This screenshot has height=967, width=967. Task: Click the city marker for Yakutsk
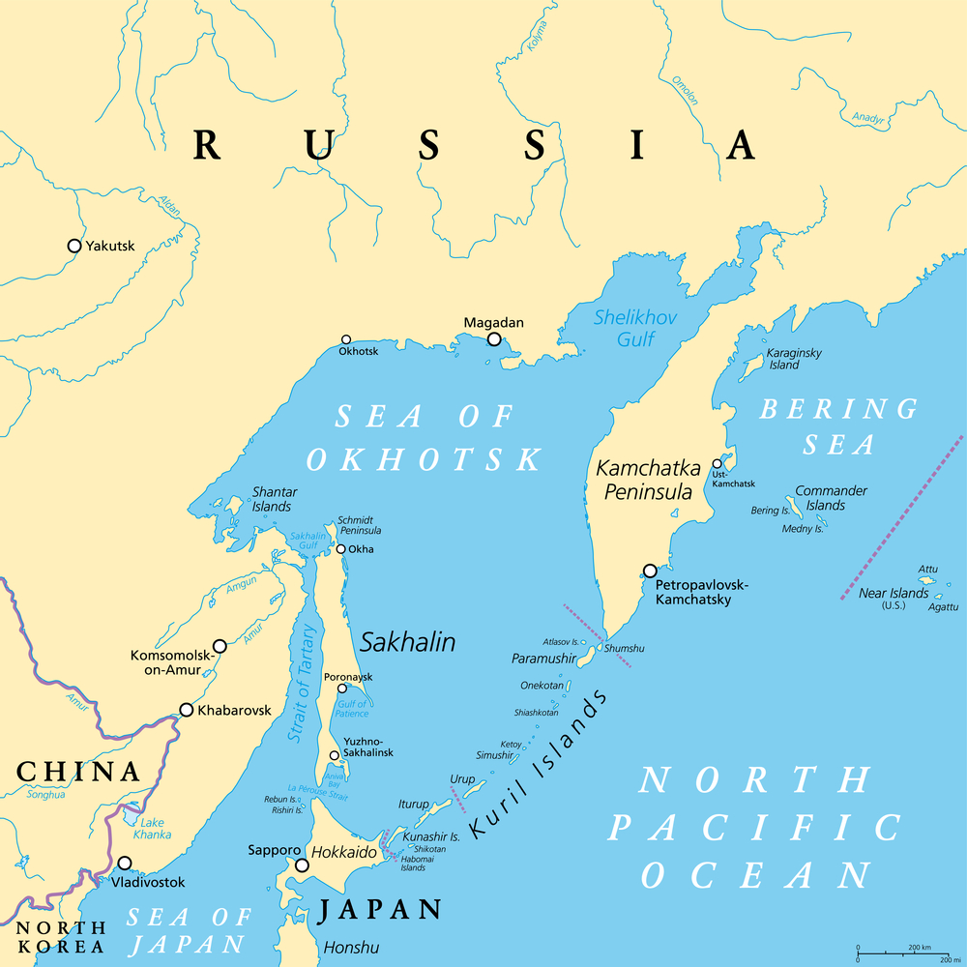[x=74, y=246]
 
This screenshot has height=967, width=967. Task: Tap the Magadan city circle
[x=494, y=339]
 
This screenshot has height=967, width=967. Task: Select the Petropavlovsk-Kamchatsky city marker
[x=650, y=571]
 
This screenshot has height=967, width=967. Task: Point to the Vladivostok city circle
[x=125, y=863]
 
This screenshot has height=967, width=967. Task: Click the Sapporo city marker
[x=302, y=865]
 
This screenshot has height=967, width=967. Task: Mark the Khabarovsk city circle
[x=187, y=710]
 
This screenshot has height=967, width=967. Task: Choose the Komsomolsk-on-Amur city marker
[x=220, y=645]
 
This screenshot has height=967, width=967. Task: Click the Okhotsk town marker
[x=346, y=339]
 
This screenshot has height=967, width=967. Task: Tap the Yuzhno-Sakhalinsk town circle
[x=335, y=755]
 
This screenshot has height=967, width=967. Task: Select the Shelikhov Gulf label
[x=635, y=328]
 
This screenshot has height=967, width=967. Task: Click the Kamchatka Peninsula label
[x=648, y=480]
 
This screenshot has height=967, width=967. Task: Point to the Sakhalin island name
[x=407, y=642]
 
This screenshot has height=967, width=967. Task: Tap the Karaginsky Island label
[x=793, y=359]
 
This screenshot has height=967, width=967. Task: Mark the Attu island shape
[x=926, y=580]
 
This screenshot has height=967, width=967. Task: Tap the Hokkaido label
[x=343, y=853]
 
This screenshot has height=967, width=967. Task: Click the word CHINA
[x=78, y=772]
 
